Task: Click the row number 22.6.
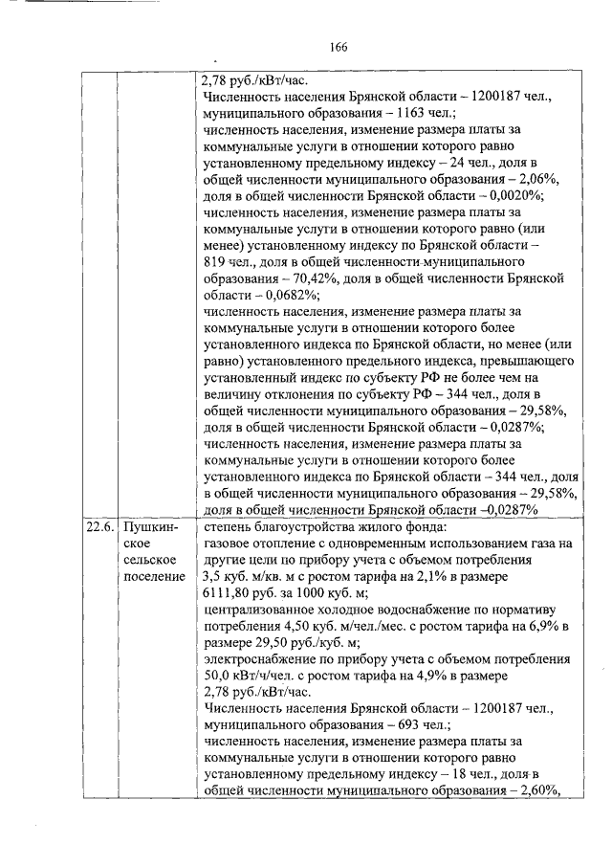tap(97, 525)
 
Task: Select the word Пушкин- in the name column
tap(144, 525)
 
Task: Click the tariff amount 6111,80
tap(230, 593)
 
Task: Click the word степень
tap(229, 525)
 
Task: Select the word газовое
tap(229, 543)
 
